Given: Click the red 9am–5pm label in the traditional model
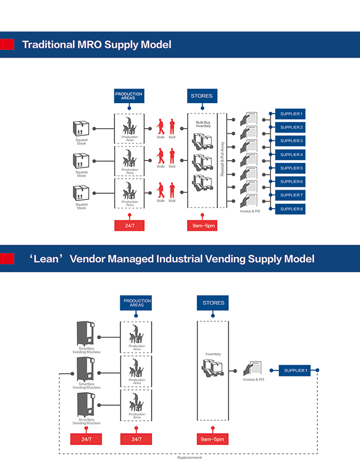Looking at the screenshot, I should pos(202,225).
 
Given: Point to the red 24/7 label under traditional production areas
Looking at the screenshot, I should pos(129,225).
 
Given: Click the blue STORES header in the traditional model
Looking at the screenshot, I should pos(201,96).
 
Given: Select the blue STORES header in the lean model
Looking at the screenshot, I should pos(213,303).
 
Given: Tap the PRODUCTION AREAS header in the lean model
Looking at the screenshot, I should pos(137,303).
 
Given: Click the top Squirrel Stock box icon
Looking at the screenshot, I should pos(81,129).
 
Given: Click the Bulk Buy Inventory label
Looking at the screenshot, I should pos(203,125).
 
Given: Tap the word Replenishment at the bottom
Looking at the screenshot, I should pos(189,458).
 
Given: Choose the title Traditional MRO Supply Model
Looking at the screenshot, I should pos(97,44).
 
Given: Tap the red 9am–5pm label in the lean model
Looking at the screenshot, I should pos(212,439).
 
